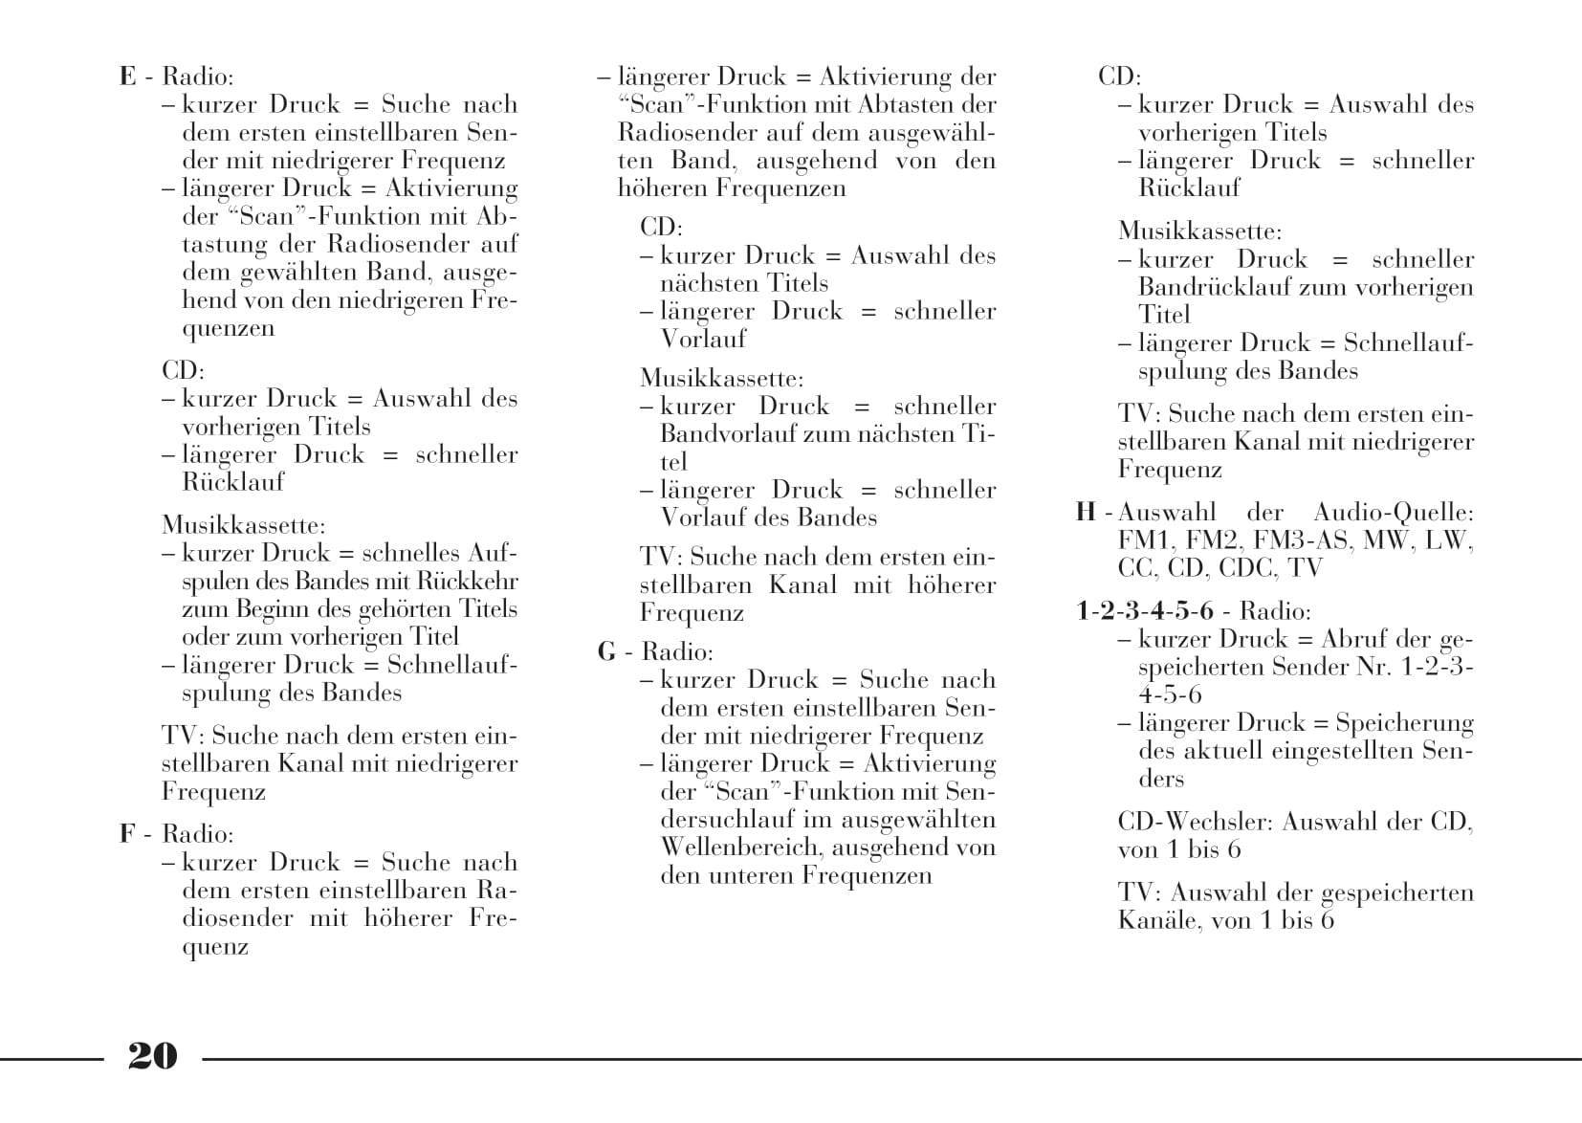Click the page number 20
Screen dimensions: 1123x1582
[152, 1055]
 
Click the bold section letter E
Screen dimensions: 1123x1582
[128, 77]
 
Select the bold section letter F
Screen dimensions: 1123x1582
[127, 834]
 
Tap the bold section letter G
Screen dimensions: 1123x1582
[606, 652]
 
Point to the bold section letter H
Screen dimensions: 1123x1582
[1086, 513]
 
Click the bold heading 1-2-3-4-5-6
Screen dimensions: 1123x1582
[1145, 611]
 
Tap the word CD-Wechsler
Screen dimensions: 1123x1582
[1195, 822]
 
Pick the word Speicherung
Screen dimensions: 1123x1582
[1404, 723]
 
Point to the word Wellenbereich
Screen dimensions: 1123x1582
[742, 848]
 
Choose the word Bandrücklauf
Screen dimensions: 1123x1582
[1214, 287]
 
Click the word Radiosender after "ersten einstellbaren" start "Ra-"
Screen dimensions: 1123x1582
[495, 891]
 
